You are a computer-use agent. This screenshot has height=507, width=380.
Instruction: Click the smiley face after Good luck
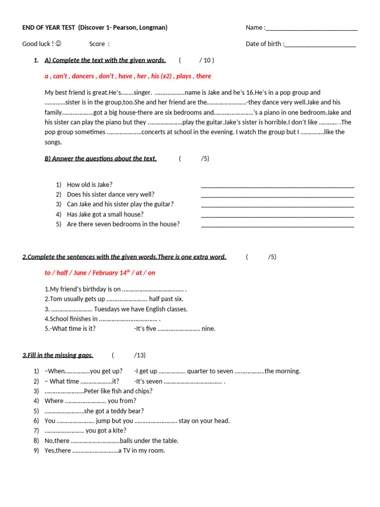[58, 44]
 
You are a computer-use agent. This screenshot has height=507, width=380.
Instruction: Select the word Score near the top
[97, 44]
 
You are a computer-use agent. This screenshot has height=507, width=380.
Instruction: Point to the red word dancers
[83, 76]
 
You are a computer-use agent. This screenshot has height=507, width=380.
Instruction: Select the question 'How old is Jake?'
[90, 185]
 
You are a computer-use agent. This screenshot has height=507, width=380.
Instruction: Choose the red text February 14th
[109, 273]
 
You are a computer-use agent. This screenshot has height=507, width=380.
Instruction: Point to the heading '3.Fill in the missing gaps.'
[57, 355]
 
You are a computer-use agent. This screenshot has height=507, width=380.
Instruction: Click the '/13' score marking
[140, 355]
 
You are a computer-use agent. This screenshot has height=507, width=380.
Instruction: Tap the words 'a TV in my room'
[141, 451]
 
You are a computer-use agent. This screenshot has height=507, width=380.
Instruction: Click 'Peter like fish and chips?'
[118, 391]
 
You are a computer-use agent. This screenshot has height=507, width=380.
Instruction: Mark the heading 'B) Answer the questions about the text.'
[100, 158]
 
